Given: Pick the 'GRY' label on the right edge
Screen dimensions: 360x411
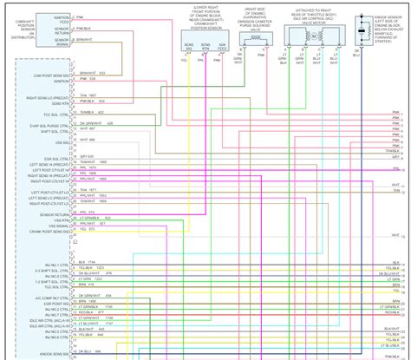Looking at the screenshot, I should (397, 157).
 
